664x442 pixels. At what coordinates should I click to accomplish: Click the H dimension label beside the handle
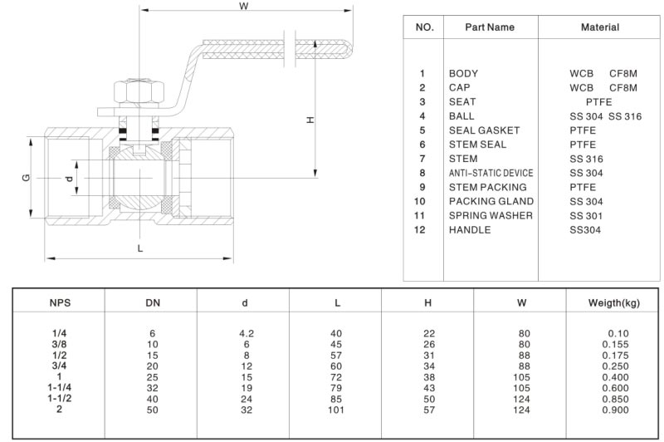pyautogui.click(x=310, y=120)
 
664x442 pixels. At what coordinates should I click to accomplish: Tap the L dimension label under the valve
pyautogui.click(x=139, y=248)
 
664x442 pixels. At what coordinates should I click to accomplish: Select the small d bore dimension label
pyautogui.click(x=70, y=179)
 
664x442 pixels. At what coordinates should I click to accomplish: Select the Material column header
pyautogui.click(x=599, y=27)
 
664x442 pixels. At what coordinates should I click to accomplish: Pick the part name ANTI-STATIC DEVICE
pyautogui.click(x=491, y=173)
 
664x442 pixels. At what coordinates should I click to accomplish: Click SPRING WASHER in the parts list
pyautogui.click(x=491, y=216)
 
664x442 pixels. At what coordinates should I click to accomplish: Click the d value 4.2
pyautogui.click(x=246, y=333)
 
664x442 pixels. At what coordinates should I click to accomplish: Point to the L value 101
pyautogui.click(x=336, y=409)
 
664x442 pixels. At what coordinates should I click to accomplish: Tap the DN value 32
pyautogui.click(x=153, y=387)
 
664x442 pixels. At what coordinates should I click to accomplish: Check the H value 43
pyautogui.click(x=428, y=387)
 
